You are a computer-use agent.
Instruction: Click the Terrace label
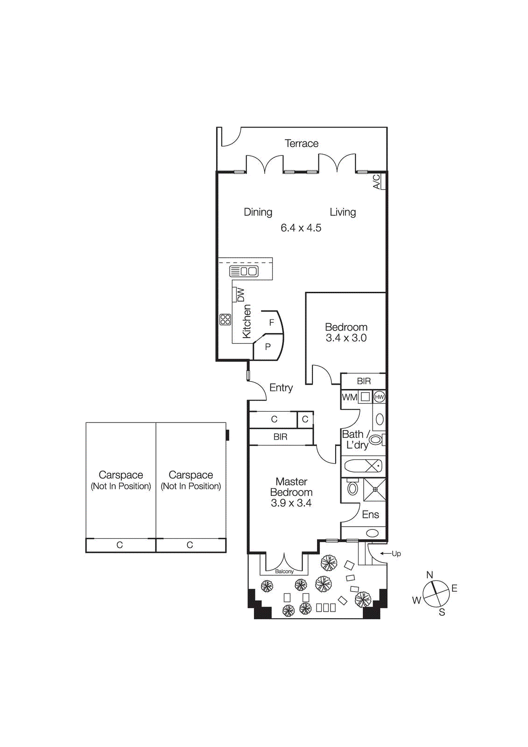[x=302, y=143]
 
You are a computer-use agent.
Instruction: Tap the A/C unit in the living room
[x=379, y=181]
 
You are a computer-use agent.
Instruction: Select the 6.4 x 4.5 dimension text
[x=301, y=228]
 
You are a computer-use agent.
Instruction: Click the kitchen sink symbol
[x=244, y=271]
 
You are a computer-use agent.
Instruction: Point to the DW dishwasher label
[x=240, y=295]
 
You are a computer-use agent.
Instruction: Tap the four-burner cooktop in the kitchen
[x=225, y=319]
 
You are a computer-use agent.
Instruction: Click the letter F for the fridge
[x=271, y=323]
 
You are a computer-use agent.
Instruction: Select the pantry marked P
[x=268, y=347]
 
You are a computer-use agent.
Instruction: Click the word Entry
[x=281, y=388]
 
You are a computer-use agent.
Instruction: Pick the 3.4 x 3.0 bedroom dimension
[x=346, y=338]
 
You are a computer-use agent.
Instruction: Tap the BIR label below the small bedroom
[x=364, y=381]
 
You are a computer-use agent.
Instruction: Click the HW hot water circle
[x=379, y=397]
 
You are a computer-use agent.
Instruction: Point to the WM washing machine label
[x=350, y=397]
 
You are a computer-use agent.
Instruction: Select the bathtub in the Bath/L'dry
[x=363, y=466]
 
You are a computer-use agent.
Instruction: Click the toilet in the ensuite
[x=352, y=488]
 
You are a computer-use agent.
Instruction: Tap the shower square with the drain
[x=375, y=490]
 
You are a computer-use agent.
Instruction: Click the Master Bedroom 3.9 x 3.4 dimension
[x=291, y=503]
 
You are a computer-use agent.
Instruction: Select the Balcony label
[x=284, y=571]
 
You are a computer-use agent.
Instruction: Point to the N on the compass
[x=429, y=575]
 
